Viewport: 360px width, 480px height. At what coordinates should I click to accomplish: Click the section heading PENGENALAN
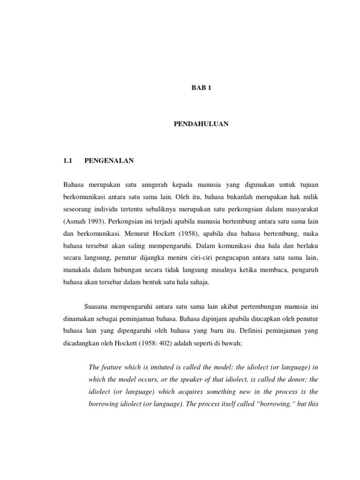tap(109, 161)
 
